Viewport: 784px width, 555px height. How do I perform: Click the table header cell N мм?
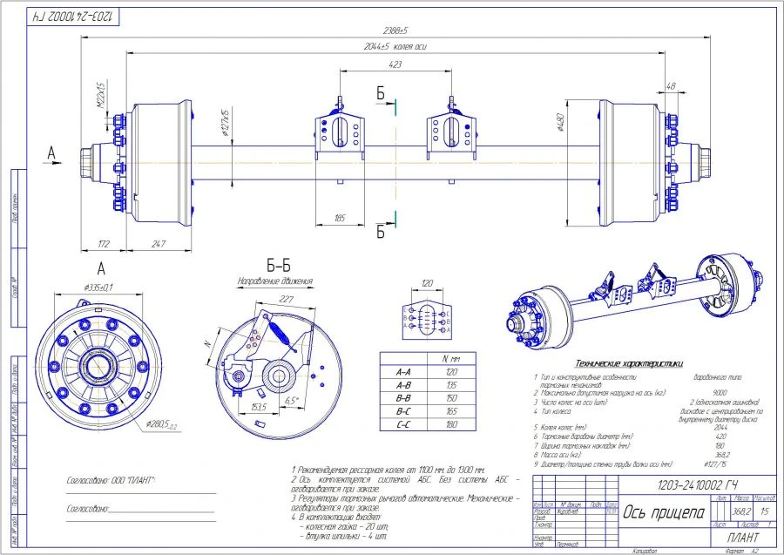(x=452, y=358)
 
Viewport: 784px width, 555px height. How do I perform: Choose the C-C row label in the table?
(x=403, y=424)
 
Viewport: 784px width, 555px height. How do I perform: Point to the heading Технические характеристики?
(x=624, y=362)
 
